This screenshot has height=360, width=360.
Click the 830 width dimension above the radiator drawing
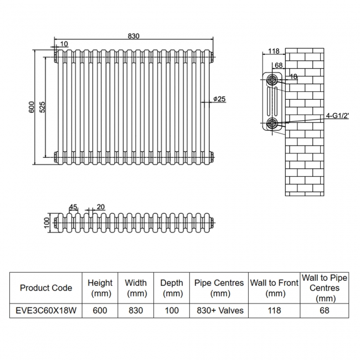[133, 35]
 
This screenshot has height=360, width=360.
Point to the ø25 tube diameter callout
[220, 99]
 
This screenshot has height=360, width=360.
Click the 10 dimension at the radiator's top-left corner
[64, 44]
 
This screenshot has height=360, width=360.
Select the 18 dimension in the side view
[294, 77]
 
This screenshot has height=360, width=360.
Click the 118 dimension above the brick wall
[273, 51]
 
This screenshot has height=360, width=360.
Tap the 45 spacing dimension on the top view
[73, 207]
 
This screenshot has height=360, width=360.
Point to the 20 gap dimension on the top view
[100, 207]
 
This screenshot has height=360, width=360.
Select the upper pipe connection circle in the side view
[272, 79]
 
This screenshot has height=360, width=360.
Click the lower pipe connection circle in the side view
[272, 122]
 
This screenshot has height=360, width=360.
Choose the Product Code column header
[46, 288]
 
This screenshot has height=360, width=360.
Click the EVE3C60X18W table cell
[46, 311]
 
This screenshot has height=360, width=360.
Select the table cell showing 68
[325, 311]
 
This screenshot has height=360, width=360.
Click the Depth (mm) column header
[172, 288]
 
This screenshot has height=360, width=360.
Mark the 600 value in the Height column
[100, 311]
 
